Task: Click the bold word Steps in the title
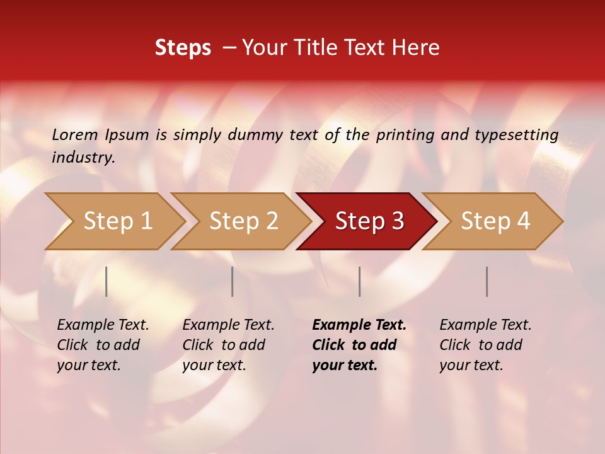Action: click(183, 48)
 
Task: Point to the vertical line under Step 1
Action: click(107, 281)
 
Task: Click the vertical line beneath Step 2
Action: click(233, 281)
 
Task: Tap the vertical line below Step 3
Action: click(359, 281)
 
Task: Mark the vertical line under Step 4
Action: click(487, 281)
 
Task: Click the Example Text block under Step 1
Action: click(103, 345)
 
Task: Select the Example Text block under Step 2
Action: click(228, 345)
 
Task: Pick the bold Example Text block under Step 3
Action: click(359, 345)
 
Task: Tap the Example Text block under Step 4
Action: click(485, 345)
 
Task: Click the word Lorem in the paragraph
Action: click(75, 135)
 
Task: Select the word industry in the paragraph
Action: click(83, 157)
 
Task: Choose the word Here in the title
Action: click(418, 48)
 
